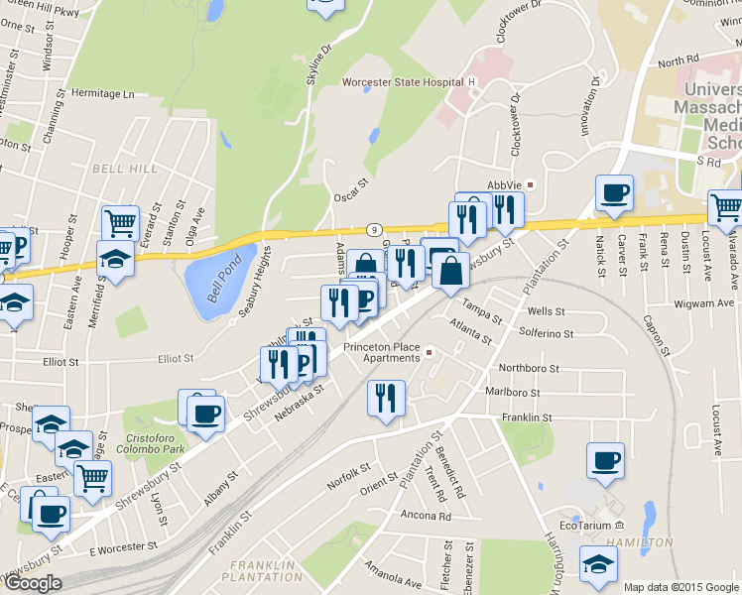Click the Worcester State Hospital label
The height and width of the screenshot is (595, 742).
(x=403, y=82)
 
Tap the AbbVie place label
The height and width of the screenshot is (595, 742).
(x=505, y=185)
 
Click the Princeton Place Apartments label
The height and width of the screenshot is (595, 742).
(x=382, y=353)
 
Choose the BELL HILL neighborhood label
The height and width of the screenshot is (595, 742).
(x=125, y=169)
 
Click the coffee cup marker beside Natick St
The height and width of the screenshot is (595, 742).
(x=614, y=193)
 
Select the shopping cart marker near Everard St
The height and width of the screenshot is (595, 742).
(x=120, y=222)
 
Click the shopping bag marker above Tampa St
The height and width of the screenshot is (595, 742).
(x=450, y=270)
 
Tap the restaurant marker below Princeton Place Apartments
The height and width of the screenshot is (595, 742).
(x=385, y=399)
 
